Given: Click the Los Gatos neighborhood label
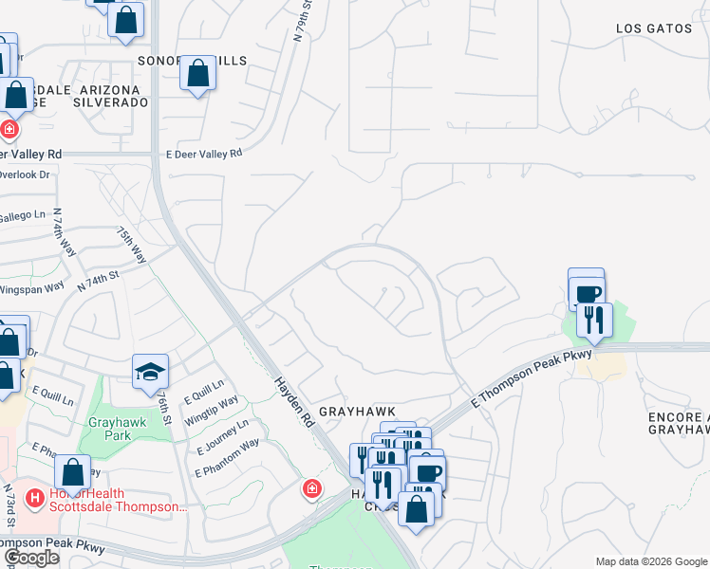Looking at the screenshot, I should (x=654, y=28).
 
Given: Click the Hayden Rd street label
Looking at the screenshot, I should (x=293, y=397).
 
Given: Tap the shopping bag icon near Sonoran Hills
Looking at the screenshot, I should (x=197, y=73).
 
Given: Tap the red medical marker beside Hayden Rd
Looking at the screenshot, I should (x=311, y=488).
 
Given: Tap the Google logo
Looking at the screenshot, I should (x=31, y=558).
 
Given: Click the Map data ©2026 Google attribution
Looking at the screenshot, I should (x=651, y=561).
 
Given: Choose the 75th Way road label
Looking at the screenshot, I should (x=131, y=245).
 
